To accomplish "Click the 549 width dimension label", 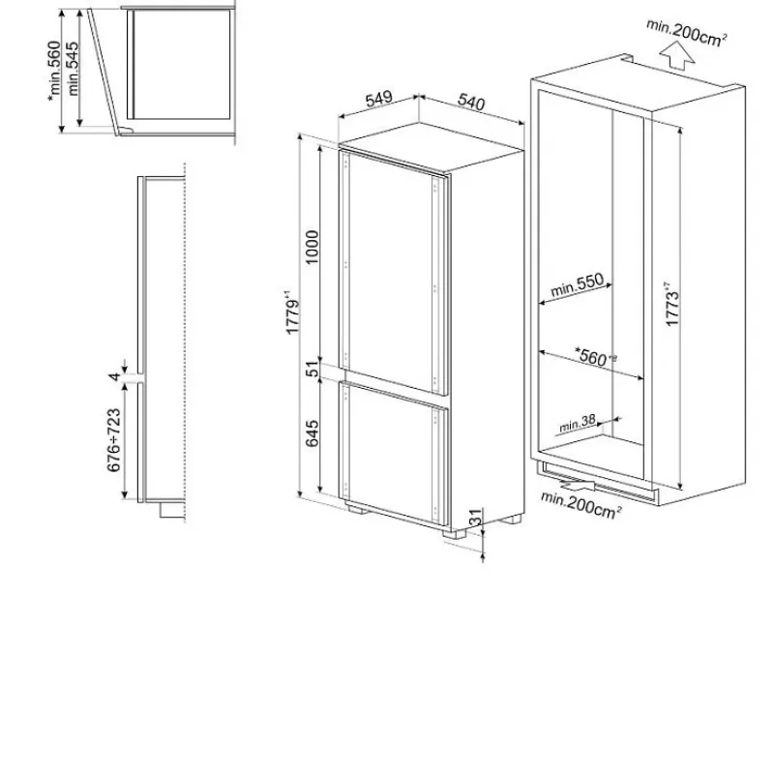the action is [x=379, y=99].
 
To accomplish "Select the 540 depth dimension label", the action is [x=471, y=102].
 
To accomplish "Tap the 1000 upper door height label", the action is [x=312, y=248].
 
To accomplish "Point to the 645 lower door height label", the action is [x=312, y=433].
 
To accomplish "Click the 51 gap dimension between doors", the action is [x=313, y=369].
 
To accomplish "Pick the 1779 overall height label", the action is [x=293, y=313].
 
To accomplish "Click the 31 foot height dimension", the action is [x=474, y=517].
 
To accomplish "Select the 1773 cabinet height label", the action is [x=672, y=305].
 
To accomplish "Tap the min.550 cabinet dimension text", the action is [x=577, y=285].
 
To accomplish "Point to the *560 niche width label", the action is [x=595, y=356].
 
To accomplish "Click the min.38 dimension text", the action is [x=578, y=423].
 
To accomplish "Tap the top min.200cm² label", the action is [x=687, y=33].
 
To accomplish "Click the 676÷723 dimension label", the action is [x=114, y=440].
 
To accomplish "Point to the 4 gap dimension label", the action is [x=114, y=377].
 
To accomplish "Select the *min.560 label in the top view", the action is [x=54, y=71].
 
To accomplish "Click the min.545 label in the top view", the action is [x=73, y=69].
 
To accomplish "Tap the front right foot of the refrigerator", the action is [x=455, y=533].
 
